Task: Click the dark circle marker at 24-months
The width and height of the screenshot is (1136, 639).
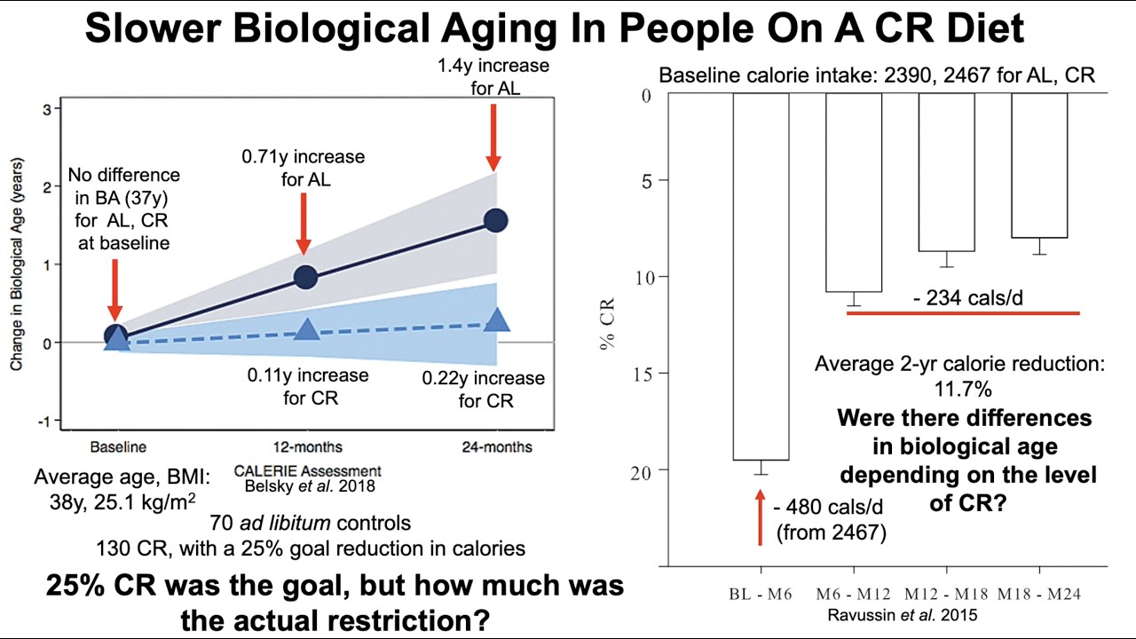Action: point(495,220)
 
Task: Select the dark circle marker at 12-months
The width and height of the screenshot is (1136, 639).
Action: point(304,277)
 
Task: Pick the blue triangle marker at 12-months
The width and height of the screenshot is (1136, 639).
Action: point(306,330)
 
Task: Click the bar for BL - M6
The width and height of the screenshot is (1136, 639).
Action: point(761,275)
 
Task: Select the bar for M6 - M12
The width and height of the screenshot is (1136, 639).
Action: point(854,192)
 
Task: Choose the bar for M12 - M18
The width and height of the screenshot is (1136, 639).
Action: point(946,172)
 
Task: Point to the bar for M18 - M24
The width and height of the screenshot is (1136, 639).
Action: point(1039,165)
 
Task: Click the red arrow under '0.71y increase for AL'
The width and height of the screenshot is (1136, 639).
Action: point(304,223)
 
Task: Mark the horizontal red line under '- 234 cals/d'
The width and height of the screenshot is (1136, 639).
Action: point(963,313)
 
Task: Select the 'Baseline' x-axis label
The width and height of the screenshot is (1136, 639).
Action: point(118,446)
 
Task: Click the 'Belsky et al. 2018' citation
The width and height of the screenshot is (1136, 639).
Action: point(307,486)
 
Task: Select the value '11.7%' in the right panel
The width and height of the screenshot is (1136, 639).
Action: point(959,389)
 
